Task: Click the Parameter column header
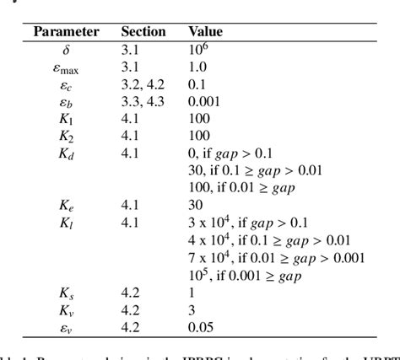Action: click(x=66, y=32)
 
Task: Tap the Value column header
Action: click(x=205, y=32)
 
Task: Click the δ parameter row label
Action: click(x=67, y=50)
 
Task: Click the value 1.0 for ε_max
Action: click(x=197, y=67)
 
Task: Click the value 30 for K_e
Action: click(x=195, y=207)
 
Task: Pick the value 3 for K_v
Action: click(x=192, y=310)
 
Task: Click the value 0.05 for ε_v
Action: click(x=201, y=327)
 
